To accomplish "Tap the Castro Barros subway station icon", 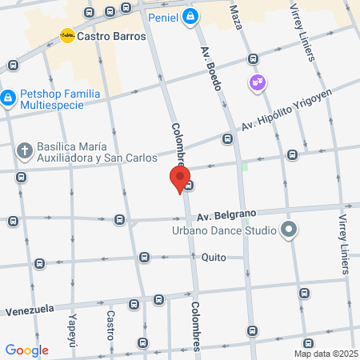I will coord(68,36).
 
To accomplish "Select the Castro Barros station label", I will coord(112,37).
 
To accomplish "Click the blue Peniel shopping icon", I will coord(189,16).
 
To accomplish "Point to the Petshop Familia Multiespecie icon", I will coord(7,98).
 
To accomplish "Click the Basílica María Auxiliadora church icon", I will coord(25,150).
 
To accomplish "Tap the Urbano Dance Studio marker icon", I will coord(289,231).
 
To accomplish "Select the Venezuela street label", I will coord(30,310).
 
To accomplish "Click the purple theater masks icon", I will coord(258,82).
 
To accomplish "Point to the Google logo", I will coord(26,350).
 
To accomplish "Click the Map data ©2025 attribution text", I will coord(325,354).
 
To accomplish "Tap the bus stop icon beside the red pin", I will coord(189,186).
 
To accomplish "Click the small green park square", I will coord(246,166).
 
